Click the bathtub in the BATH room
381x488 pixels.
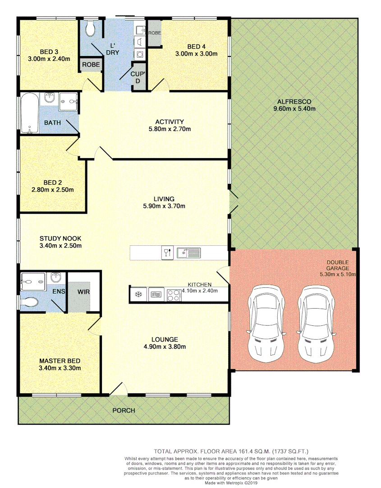(x=29, y=113)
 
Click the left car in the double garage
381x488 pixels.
(x=266, y=321)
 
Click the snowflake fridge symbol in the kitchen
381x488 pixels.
(x=138, y=295)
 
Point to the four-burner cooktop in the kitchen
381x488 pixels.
(x=174, y=295)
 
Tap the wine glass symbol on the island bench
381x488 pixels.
(x=167, y=253)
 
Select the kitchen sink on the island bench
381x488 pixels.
(x=189, y=253)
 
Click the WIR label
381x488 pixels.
(x=83, y=292)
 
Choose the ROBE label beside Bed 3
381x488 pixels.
(x=91, y=65)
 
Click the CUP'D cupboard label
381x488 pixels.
(x=138, y=77)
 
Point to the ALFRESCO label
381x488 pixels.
(x=294, y=102)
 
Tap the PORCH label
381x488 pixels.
(x=124, y=410)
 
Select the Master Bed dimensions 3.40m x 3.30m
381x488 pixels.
(x=60, y=368)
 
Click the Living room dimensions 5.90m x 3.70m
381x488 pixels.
(x=164, y=206)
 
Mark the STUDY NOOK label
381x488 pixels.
(x=60, y=239)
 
